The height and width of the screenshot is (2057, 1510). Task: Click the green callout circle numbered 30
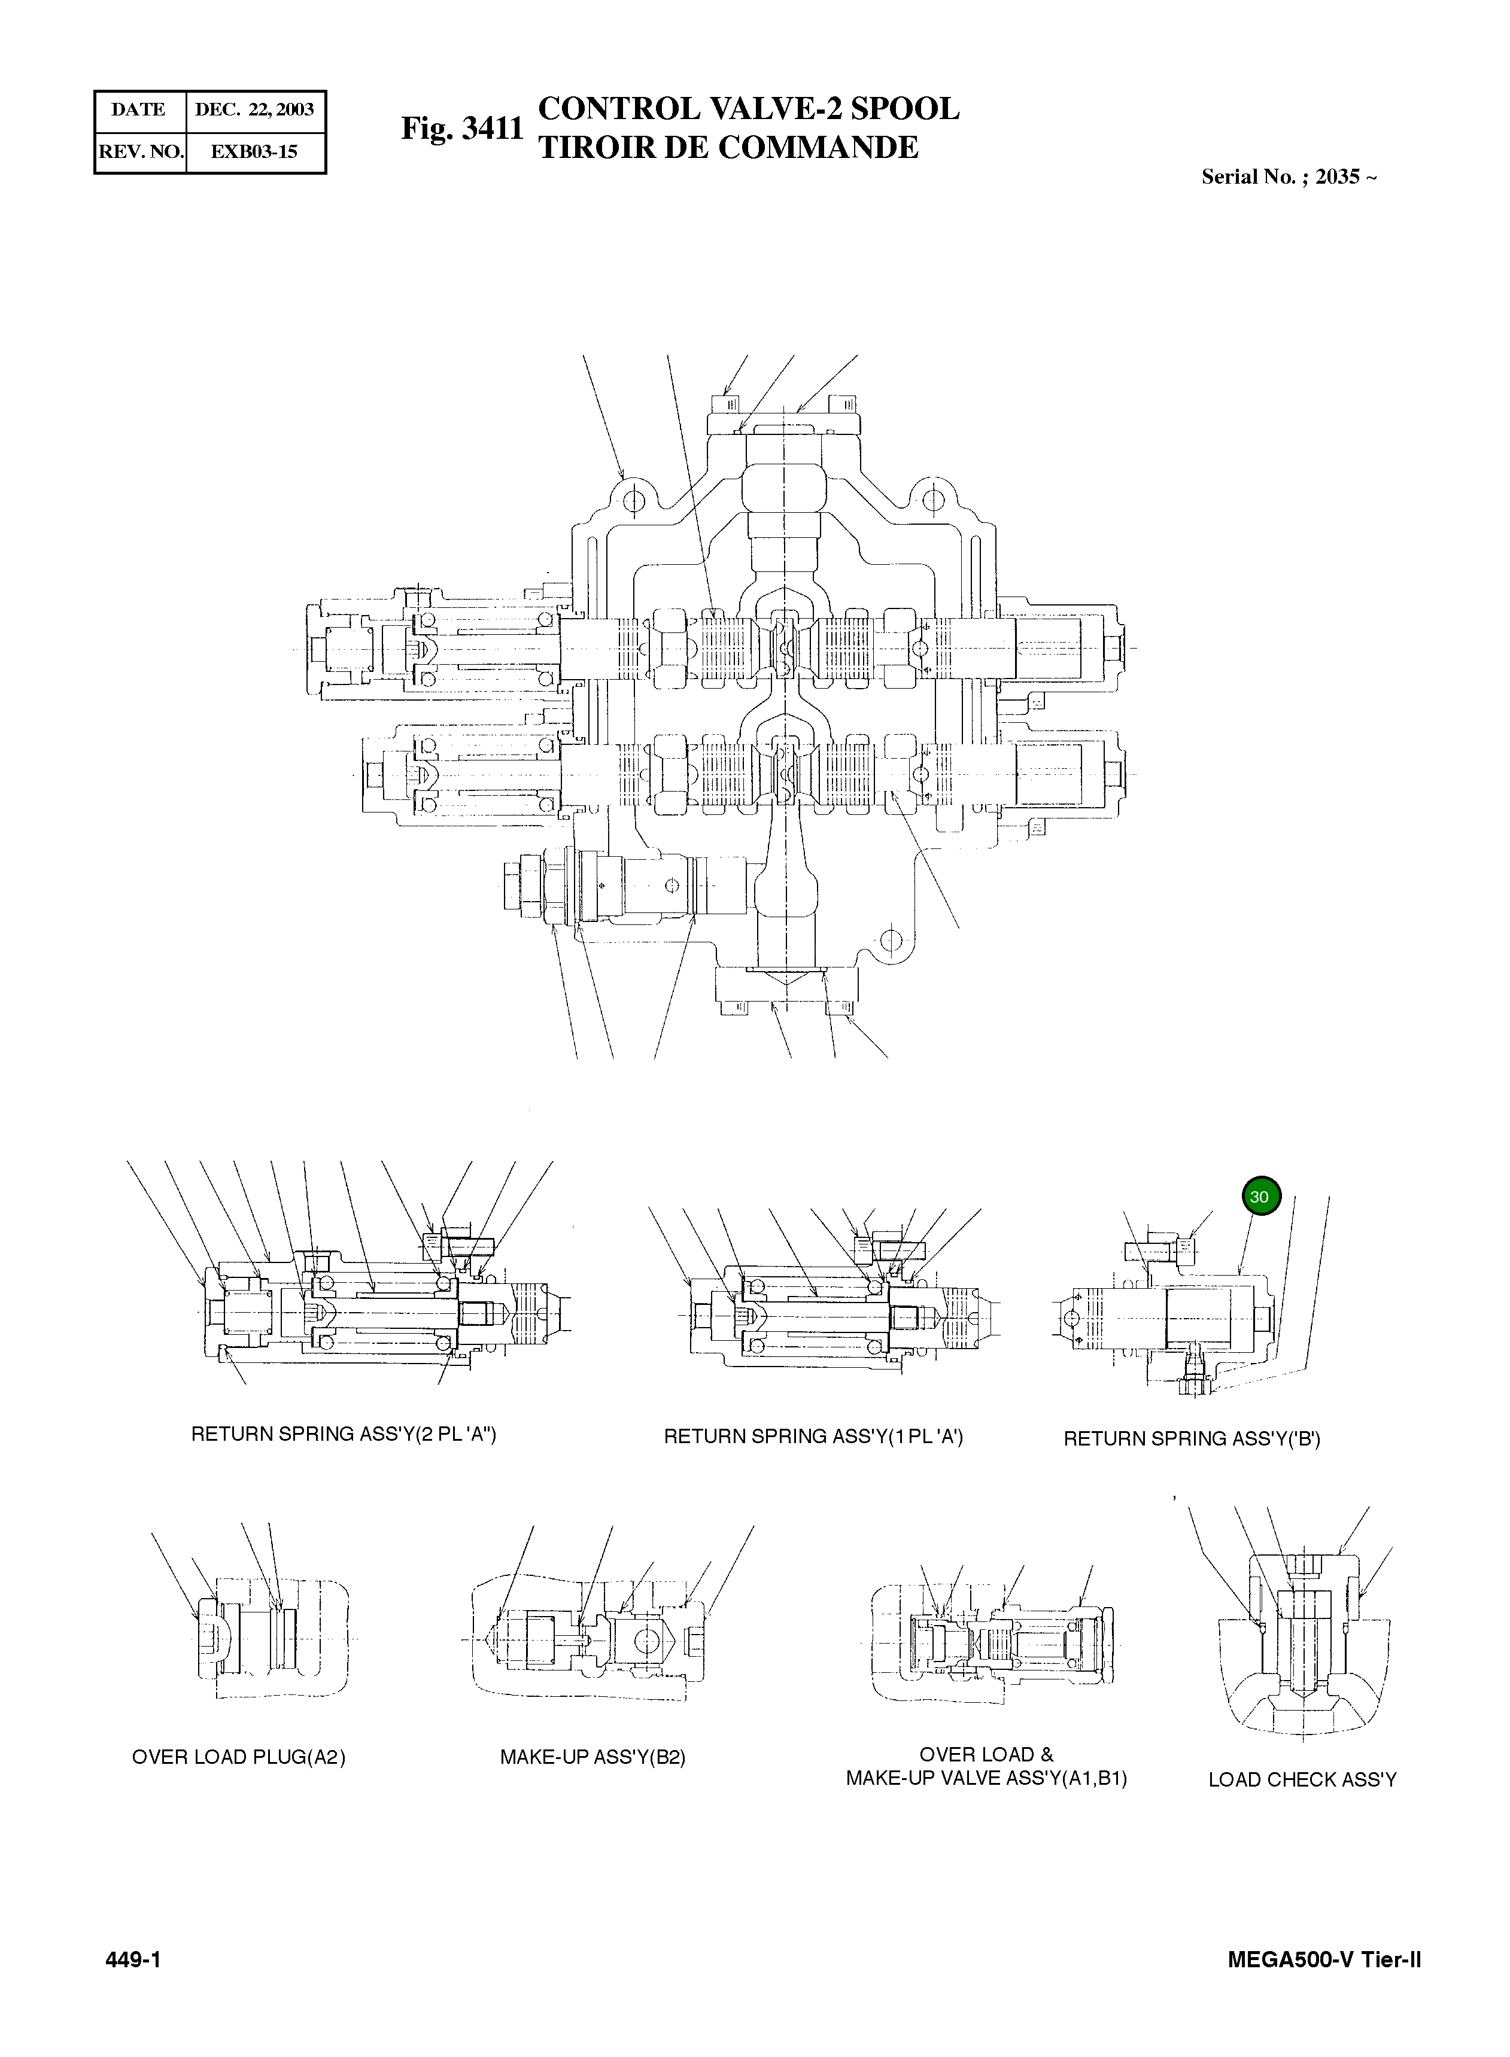click(x=1260, y=1196)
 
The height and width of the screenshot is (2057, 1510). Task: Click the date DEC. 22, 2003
click(x=254, y=109)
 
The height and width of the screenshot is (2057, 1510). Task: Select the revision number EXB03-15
click(x=254, y=152)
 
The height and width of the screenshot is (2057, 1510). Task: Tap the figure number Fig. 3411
click(x=461, y=129)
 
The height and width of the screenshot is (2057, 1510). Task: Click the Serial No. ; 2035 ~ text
click(x=1288, y=177)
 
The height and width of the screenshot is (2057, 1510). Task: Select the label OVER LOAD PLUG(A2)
click(x=239, y=1757)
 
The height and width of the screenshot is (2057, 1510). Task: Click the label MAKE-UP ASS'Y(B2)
click(x=593, y=1757)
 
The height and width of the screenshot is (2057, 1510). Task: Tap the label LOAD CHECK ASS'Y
click(x=1302, y=1780)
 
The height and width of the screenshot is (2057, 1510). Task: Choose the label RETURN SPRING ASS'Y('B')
click(x=1191, y=1440)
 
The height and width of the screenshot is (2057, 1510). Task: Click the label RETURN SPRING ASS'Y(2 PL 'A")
click(x=343, y=1434)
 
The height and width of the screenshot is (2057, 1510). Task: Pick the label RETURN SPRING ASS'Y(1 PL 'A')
click(x=813, y=1437)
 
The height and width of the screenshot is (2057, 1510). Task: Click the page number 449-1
click(x=133, y=1960)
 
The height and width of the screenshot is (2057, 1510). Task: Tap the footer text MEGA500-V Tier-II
click(x=1323, y=1960)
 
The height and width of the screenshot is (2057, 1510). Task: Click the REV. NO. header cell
click(x=141, y=152)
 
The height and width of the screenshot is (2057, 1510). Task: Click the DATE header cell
click(x=138, y=109)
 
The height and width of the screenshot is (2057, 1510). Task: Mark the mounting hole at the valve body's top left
click(x=637, y=500)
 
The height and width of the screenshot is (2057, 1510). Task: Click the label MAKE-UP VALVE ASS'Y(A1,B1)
click(x=985, y=1778)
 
